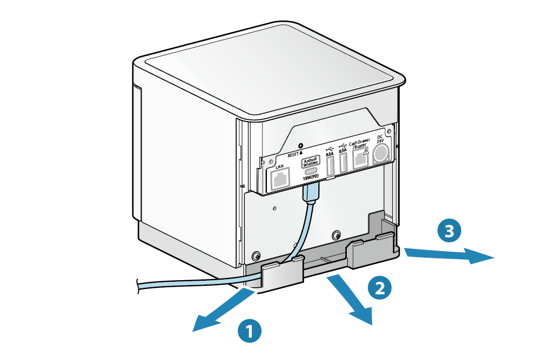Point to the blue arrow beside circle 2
[352, 301]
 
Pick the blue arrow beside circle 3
[449, 254]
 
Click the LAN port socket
[280, 179]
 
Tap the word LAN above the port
[280, 166]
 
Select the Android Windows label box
[311, 162]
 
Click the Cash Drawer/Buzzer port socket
[360, 159]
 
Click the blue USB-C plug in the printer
[312, 192]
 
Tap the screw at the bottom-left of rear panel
[255, 256]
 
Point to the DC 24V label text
[381, 138]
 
